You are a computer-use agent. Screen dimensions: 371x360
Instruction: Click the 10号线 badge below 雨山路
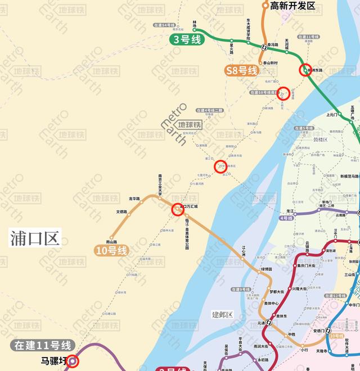[112, 250]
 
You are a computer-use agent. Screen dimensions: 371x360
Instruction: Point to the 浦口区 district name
[35, 238]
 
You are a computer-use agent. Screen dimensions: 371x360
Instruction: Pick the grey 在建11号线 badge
[43, 346]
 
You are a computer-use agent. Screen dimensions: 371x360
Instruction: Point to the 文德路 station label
[121, 211]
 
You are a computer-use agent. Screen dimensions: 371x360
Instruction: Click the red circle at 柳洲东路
[304, 70]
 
